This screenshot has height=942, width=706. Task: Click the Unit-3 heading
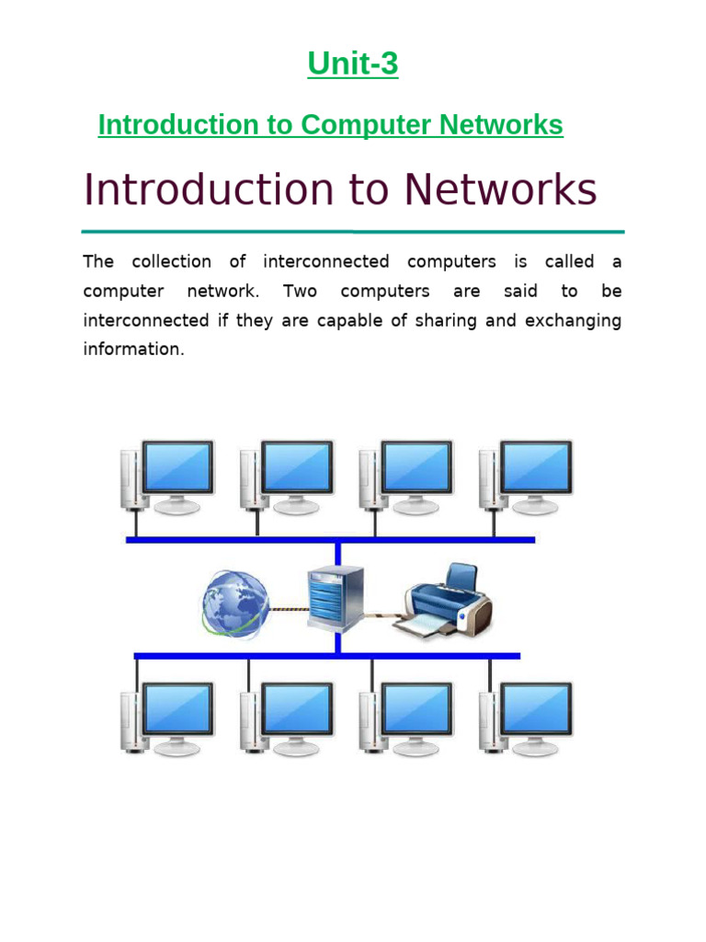click(x=353, y=64)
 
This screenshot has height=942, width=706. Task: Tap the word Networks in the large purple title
click(x=500, y=190)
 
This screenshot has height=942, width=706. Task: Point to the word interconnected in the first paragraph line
click(x=326, y=261)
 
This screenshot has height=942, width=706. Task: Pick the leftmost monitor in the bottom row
click(x=177, y=711)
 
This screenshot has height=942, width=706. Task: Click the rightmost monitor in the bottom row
click(x=535, y=711)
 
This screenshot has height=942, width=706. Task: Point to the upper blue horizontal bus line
click(x=331, y=540)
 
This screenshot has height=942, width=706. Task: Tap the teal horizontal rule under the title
click(x=353, y=231)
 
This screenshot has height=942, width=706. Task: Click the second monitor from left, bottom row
click(x=296, y=711)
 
